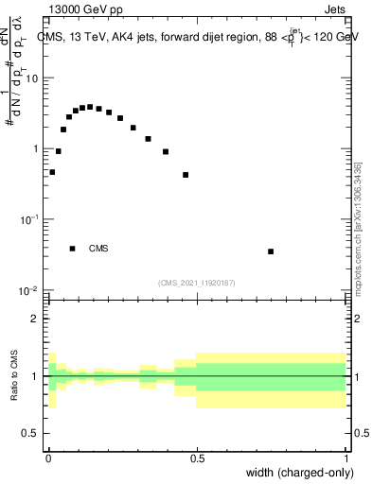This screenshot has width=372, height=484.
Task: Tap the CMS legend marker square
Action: click(x=73, y=249)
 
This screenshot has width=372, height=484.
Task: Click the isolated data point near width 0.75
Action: click(x=271, y=251)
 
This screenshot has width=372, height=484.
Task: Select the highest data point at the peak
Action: click(x=90, y=107)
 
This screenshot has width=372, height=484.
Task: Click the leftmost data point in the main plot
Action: click(x=52, y=172)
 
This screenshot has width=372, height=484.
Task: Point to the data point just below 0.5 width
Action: click(x=186, y=175)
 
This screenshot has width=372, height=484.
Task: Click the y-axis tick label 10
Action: click(x=34, y=78)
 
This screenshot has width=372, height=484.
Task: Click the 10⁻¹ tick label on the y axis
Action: click(x=31, y=218)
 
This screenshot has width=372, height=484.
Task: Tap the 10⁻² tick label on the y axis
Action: click(x=31, y=289)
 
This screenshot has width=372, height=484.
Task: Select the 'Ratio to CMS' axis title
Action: click(x=14, y=376)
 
